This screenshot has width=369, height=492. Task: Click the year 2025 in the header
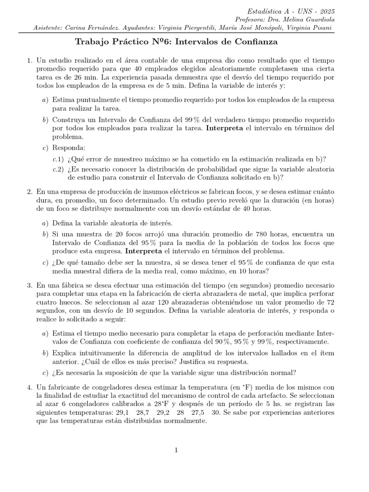click(327, 11)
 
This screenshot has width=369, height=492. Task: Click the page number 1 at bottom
click(177, 450)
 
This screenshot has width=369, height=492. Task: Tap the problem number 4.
click(29, 386)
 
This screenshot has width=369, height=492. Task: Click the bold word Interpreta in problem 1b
click(225, 128)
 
